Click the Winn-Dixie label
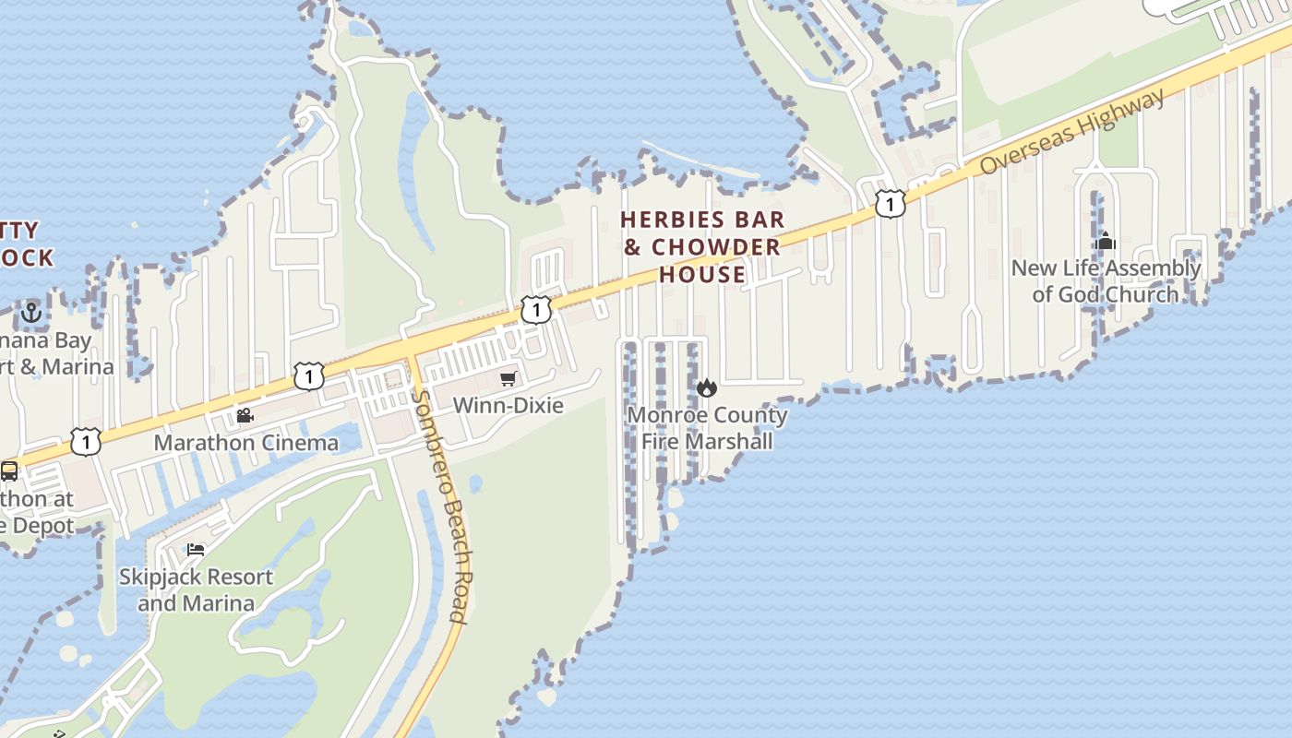508,405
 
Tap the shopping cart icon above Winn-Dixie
508,379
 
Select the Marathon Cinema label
245,442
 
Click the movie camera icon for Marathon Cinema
245,416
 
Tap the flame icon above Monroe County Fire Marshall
707,387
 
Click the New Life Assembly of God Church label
1106,280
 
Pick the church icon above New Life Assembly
1105,242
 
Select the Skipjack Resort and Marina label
196,589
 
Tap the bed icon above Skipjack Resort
196,550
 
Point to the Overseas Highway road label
1072,132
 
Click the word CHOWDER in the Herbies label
716,247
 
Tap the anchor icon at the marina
31,313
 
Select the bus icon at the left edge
9,471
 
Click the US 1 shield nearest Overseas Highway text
890,204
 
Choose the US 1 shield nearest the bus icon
86,442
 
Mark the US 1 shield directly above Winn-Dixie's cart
536,310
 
